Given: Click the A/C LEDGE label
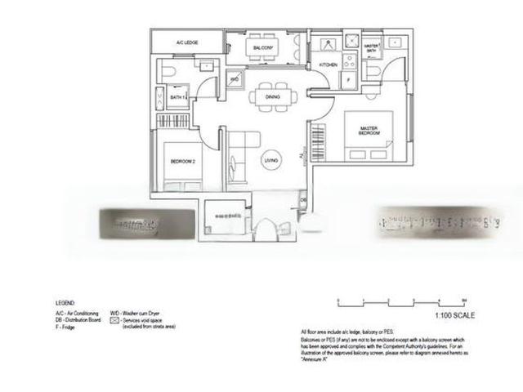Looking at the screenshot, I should (x=189, y=41).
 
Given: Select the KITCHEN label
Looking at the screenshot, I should (x=328, y=65).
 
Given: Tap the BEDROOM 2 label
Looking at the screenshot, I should (x=183, y=162).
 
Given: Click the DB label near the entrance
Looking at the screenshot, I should (x=303, y=198).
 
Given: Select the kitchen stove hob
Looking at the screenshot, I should (x=350, y=60).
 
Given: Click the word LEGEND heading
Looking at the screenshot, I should (x=65, y=302).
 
